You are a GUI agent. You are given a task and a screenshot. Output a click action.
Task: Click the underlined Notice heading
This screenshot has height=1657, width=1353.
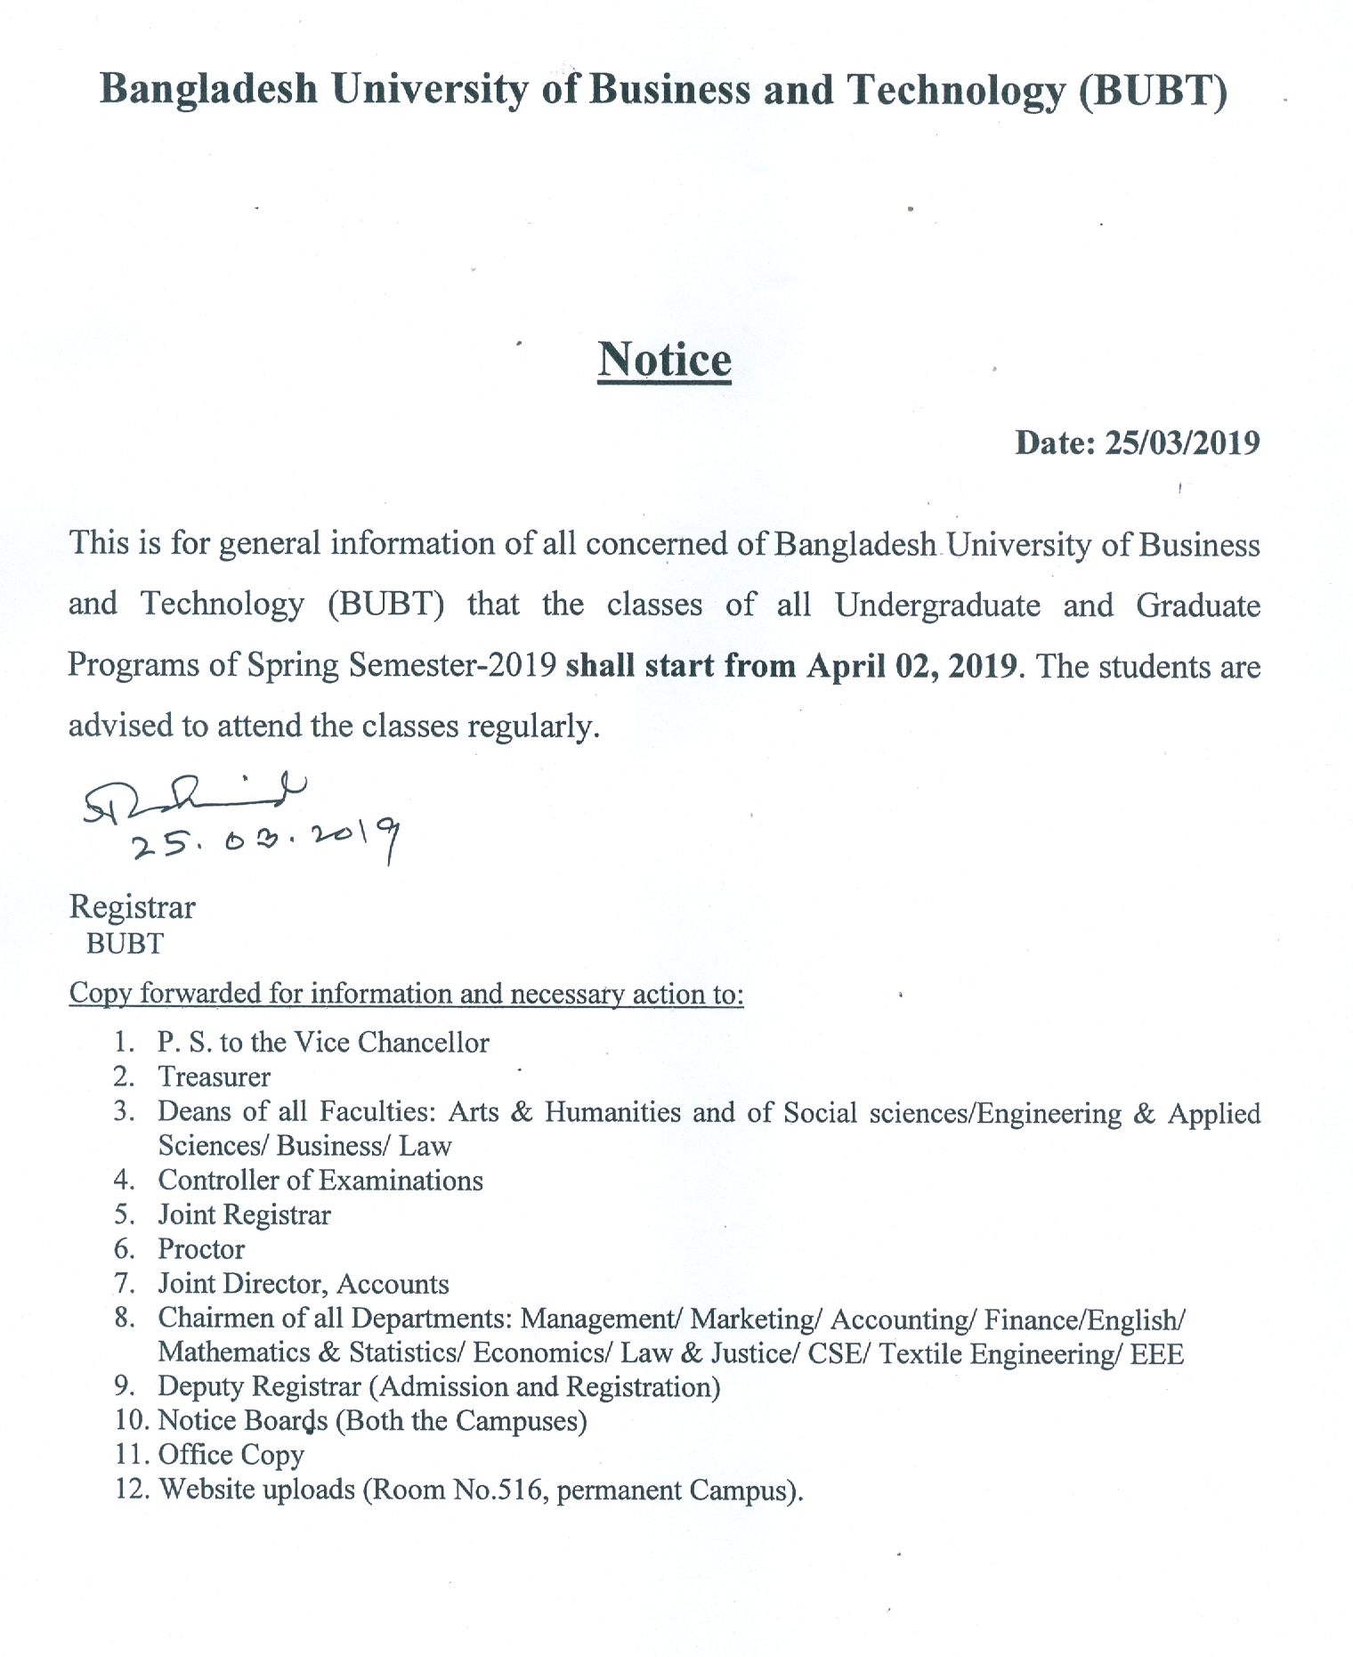pyautogui.click(x=664, y=361)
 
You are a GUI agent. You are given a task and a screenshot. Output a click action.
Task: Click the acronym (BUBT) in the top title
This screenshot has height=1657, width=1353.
pyautogui.click(x=1153, y=91)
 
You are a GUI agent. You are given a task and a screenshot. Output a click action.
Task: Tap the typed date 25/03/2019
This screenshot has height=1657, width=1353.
pyautogui.click(x=1182, y=443)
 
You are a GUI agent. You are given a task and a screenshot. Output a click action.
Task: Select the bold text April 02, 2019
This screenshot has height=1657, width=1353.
pyautogui.click(x=911, y=666)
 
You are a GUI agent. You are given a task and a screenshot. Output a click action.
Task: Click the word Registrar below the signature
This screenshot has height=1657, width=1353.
pyautogui.click(x=132, y=907)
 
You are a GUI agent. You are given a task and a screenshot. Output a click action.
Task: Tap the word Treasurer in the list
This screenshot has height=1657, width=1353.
pyautogui.click(x=214, y=1077)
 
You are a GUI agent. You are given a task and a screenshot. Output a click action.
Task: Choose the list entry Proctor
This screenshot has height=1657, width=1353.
pyautogui.click(x=201, y=1249)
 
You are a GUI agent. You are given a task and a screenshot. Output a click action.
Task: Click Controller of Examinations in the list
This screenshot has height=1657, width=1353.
pyautogui.click(x=320, y=1181)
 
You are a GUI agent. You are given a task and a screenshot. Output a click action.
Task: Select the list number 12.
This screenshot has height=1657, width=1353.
pyautogui.click(x=130, y=1489)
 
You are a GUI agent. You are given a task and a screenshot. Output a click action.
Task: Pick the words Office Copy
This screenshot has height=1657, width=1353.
pyautogui.click(x=231, y=1455)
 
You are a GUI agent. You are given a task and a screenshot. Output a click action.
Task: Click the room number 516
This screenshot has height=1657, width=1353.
pyautogui.click(x=525, y=1489)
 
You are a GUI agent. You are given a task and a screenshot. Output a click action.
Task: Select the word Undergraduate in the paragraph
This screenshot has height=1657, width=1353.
pyautogui.click(x=937, y=605)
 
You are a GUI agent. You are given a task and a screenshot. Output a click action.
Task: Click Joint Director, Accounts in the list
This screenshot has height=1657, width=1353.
pyautogui.click(x=304, y=1284)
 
